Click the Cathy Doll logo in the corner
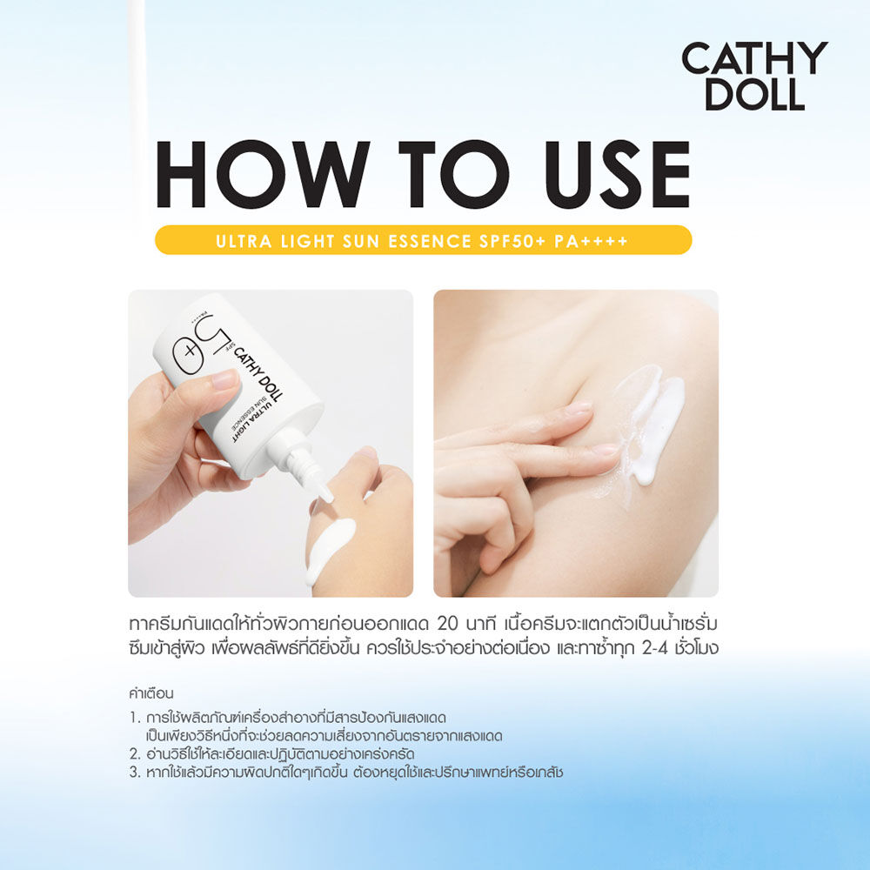coord(754,76)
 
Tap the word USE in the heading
coord(617,174)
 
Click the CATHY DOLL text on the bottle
coord(258,374)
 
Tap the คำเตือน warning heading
coord(151,693)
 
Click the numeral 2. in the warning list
coord(135,754)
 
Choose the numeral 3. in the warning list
coord(135,772)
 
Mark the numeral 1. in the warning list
coord(134,718)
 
